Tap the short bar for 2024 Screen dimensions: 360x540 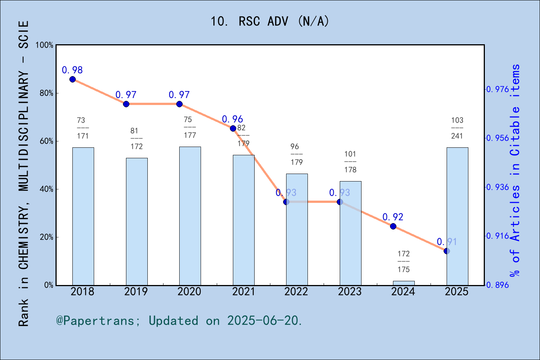pyautogui.click(x=403, y=283)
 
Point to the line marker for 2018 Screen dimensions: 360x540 pyautogui.click(x=72, y=79)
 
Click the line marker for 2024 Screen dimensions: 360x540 pyautogui.click(x=393, y=226)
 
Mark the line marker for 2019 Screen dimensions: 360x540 pyautogui.click(x=126, y=104)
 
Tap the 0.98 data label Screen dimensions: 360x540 pyautogui.click(x=72, y=70)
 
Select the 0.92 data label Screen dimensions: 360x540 pyautogui.click(x=393, y=217)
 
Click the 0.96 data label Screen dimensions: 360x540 pyautogui.click(x=232, y=119)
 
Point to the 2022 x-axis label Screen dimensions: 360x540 pyautogui.click(x=296, y=292)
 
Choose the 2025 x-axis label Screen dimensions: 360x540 pyautogui.click(x=456, y=292)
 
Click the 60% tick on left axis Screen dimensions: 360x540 pyautogui.click(x=46, y=141)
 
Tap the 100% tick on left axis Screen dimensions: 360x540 pyautogui.click(x=45, y=45)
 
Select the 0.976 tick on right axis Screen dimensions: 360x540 pyautogui.click(x=498, y=89)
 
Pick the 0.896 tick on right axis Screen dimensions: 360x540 pyautogui.click(x=498, y=285)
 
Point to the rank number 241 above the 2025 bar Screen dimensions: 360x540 pyautogui.click(x=457, y=136)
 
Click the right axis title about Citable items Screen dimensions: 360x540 pyautogui.click(x=516, y=170)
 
